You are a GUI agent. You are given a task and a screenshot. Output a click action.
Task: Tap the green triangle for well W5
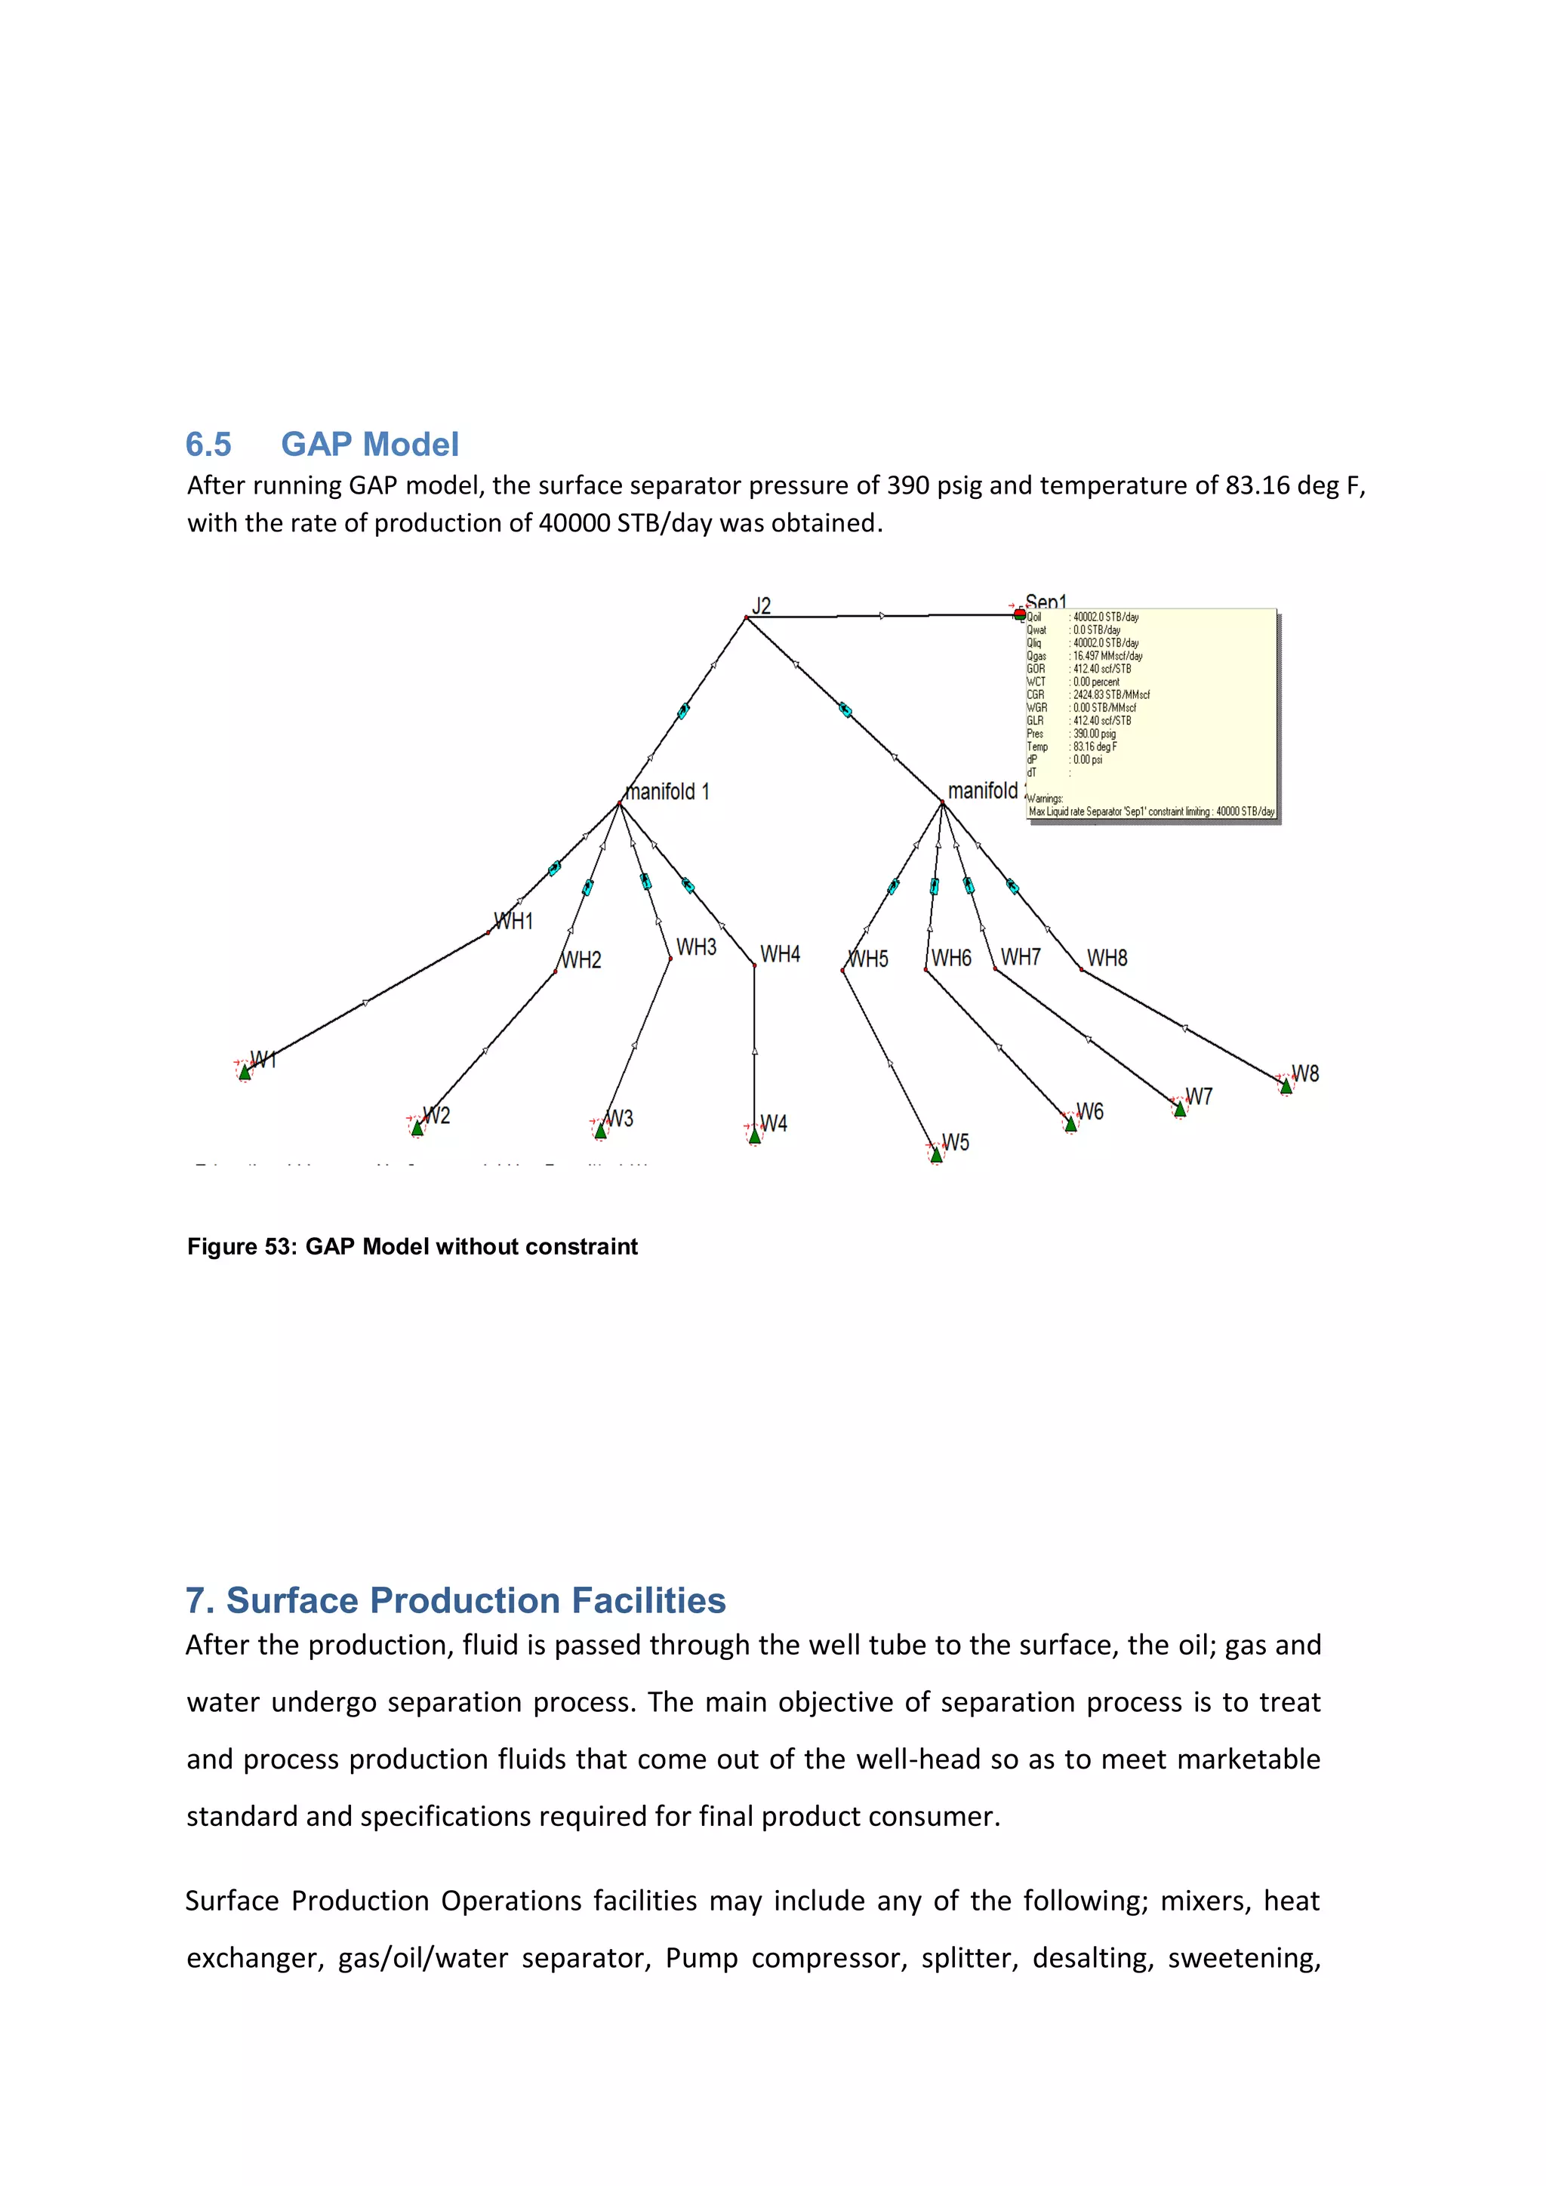click(936, 1155)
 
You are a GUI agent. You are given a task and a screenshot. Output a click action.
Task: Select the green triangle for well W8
click(1286, 1085)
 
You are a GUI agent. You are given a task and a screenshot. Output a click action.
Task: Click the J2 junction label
click(762, 605)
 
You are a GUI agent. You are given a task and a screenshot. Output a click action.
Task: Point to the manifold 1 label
click(668, 791)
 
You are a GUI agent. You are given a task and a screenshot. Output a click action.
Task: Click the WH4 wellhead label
click(780, 954)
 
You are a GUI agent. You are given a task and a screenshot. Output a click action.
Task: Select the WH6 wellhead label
click(951, 958)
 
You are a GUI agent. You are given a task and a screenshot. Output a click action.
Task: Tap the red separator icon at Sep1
click(1020, 614)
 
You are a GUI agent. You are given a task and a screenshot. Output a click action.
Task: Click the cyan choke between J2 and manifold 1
click(683, 710)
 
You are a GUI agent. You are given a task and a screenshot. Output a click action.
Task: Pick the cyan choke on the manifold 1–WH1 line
click(554, 868)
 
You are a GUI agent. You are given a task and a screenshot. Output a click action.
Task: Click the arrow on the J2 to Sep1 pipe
click(882, 616)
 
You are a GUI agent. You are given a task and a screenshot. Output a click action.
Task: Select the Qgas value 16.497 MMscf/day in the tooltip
click(1107, 656)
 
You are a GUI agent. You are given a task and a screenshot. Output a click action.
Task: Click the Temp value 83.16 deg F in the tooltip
click(1095, 747)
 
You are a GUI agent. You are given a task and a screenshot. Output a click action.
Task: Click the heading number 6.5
click(208, 445)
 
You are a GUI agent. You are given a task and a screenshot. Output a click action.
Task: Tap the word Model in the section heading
click(411, 445)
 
